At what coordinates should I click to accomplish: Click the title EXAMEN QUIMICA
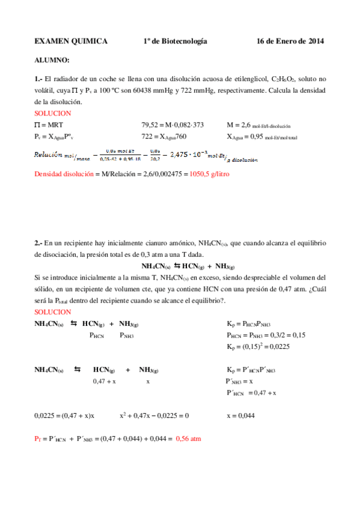71,41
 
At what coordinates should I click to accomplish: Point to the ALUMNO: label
52,61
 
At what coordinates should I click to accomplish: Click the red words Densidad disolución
64,174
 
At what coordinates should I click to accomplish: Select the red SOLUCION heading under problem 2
53,312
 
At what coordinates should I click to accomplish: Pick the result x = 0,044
240,415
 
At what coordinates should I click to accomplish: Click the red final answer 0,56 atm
189,439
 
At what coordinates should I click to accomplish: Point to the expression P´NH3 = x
239,381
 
